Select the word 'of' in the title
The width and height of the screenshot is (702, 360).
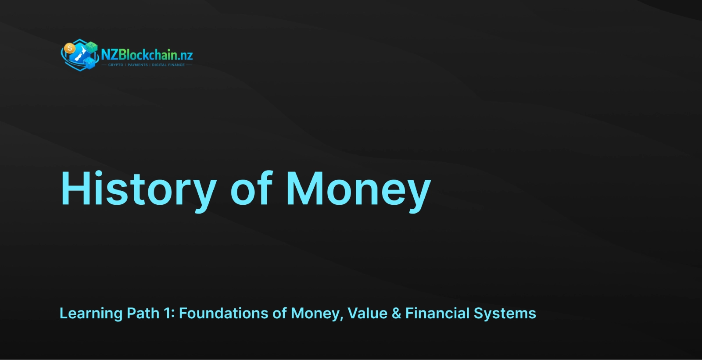click(x=251, y=188)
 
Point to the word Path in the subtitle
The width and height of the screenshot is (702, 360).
click(x=143, y=313)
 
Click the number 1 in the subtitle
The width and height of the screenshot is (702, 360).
click(x=168, y=313)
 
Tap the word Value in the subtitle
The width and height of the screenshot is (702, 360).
click(x=367, y=313)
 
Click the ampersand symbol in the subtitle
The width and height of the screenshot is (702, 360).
click(x=397, y=314)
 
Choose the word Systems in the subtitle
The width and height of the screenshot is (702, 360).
click(x=505, y=314)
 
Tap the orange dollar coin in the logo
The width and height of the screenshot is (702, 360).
click(x=70, y=49)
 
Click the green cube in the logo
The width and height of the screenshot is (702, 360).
click(x=92, y=47)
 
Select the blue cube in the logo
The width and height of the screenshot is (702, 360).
click(x=90, y=64)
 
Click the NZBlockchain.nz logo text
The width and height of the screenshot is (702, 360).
click(x=147, y=55)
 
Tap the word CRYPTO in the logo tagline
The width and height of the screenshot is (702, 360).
click(x=116, y=65)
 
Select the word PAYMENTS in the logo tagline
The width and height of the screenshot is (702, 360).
click(x=138, y=65)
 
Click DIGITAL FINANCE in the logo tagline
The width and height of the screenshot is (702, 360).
click(x=168, y=65)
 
